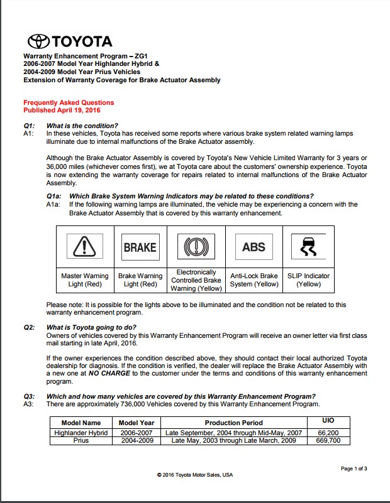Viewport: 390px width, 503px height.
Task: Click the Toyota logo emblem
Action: tap(38, 42)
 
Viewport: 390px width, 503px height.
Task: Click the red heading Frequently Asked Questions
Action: tap(69, 102)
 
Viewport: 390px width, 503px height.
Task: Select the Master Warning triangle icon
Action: tap(84, 247)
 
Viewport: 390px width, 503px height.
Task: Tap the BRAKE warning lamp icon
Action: tap(140, 247)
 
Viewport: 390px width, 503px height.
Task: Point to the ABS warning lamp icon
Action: tap(253, 247)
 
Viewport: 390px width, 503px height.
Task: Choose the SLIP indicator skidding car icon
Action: tap(309, 247)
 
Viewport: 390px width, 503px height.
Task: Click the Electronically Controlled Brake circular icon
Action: tap(196, 247)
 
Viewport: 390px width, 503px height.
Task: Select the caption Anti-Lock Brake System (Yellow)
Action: tap(253, 280)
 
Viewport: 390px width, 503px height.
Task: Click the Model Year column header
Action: tap(136, 423)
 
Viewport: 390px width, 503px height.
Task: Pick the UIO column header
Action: tap(328, 419)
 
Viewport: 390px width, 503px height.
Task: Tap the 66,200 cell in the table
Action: tap(328, 433)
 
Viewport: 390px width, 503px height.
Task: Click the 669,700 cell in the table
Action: tap(328, 440)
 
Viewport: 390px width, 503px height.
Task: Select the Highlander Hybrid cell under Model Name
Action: tap(81, 433)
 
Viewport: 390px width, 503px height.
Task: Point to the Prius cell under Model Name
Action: tap(81, 440)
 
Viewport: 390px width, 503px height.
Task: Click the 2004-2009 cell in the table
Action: tap(136, 440)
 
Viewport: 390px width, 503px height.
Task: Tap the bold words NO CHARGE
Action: tap(109, 373)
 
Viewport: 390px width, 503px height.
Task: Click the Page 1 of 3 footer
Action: tap(354, 468)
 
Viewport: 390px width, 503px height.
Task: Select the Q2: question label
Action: tap(29, 327)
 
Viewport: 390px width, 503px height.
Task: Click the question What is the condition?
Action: tap(82, 126)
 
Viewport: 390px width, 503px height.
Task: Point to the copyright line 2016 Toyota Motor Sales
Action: tap(195, 475)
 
